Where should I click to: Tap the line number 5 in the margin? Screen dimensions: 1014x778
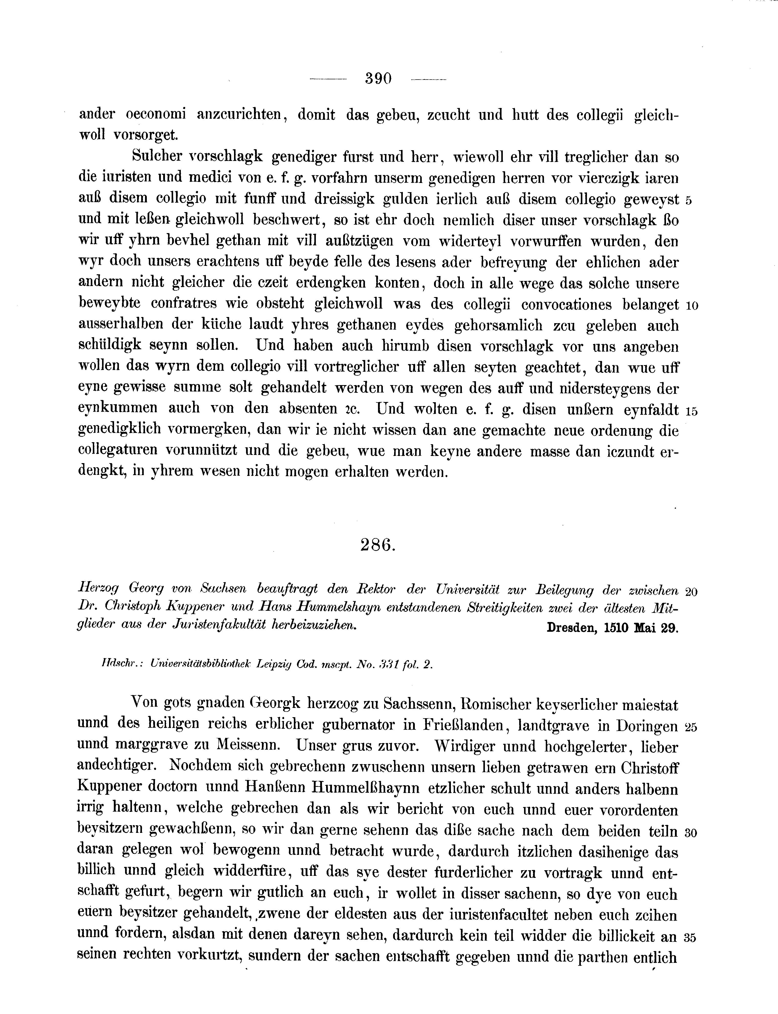coord(688,201)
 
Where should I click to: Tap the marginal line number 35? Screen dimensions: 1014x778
coord(691,937)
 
